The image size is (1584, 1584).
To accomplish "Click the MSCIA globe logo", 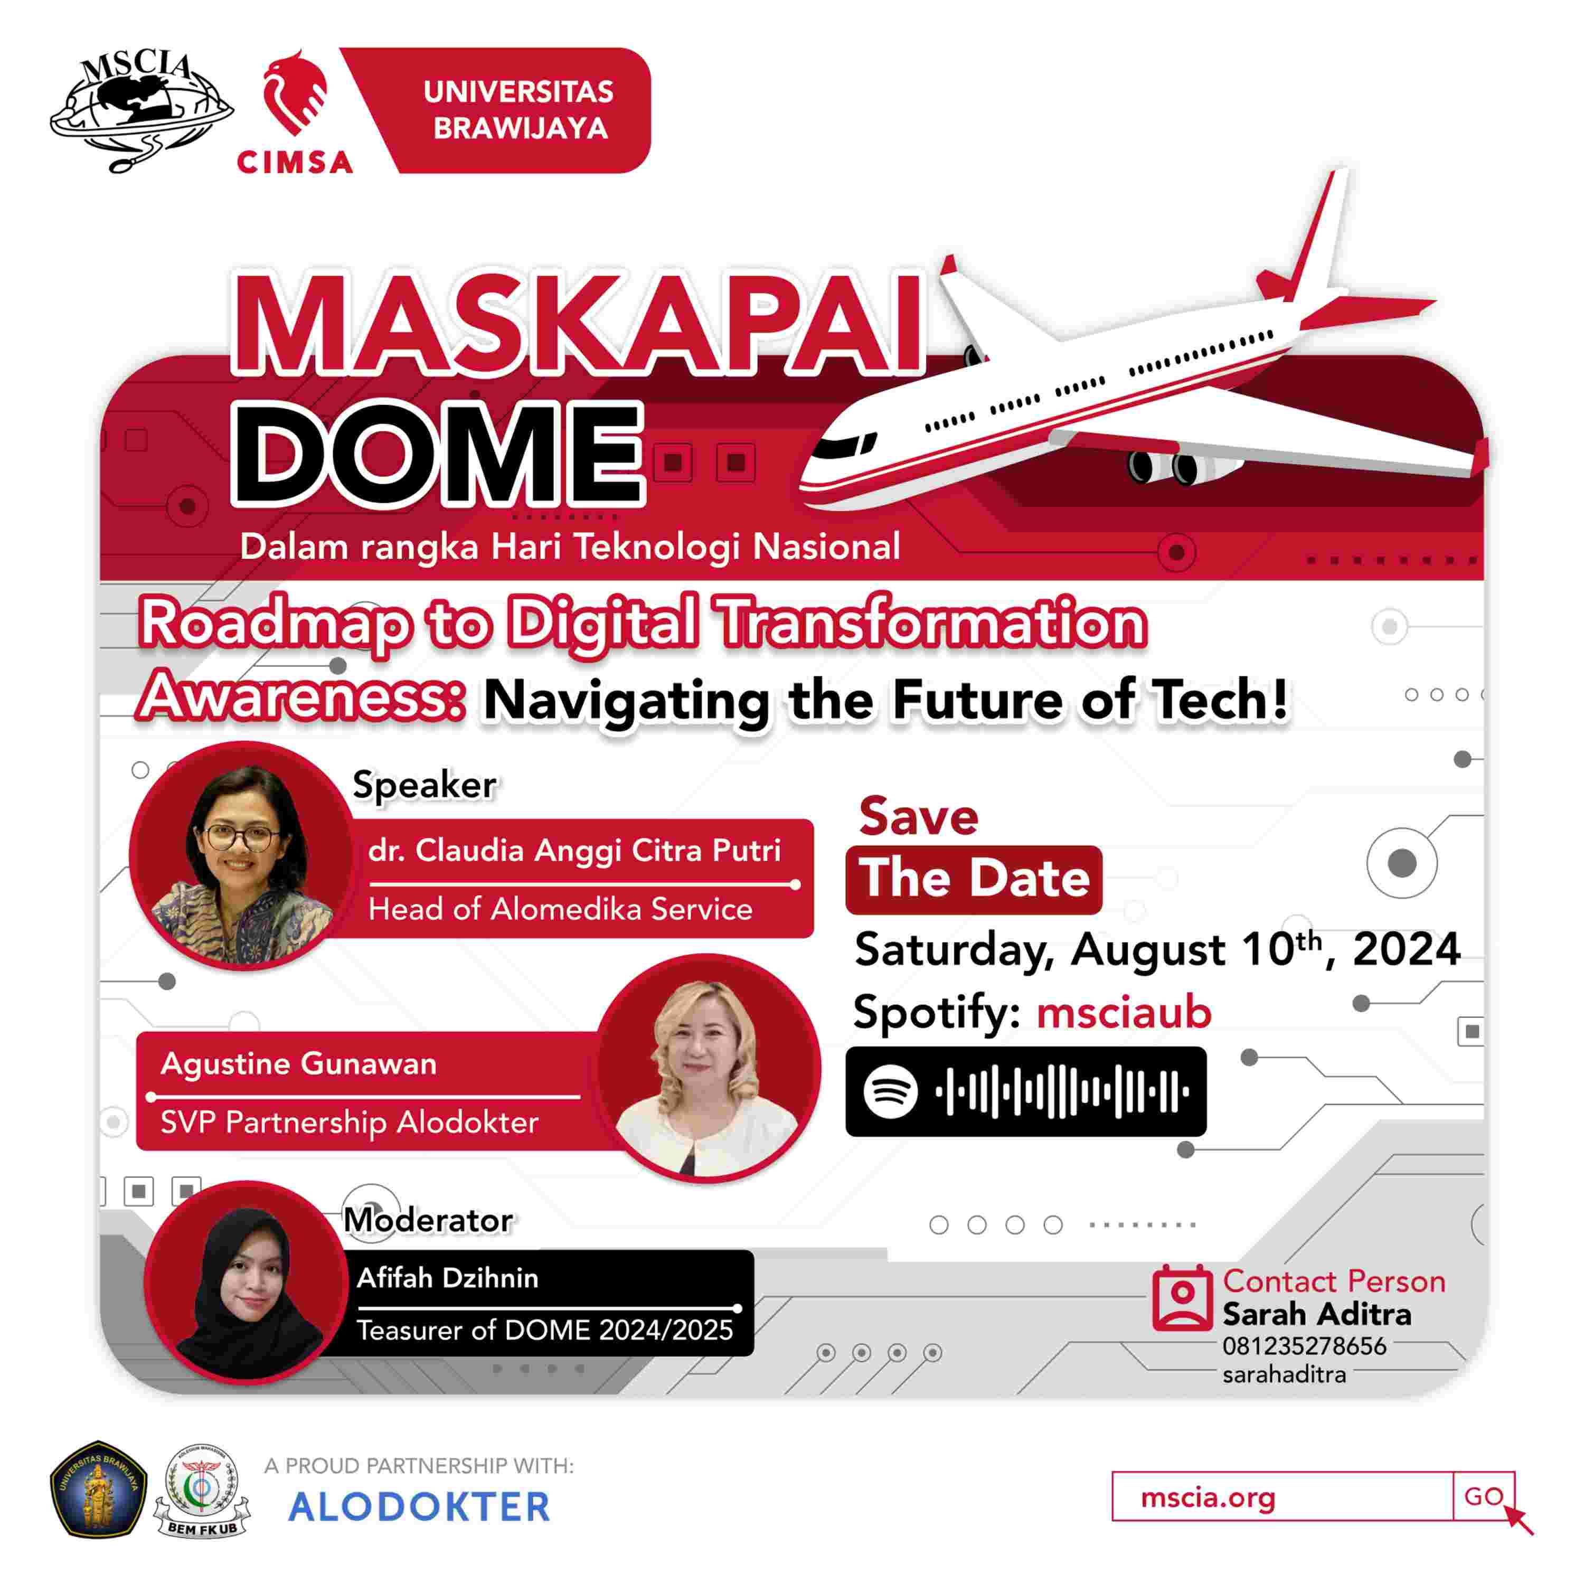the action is click(x=141, y=111).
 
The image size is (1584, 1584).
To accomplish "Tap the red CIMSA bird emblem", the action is click(x=295, y=92).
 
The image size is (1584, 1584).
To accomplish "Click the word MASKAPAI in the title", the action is click(x=579, y=326).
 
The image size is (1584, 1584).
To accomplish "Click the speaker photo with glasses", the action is click(x=243, y=855).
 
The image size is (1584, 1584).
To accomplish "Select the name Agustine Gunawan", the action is click(x=298, y=1063).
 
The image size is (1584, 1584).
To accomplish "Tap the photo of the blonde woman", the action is click(x=708, y=1068).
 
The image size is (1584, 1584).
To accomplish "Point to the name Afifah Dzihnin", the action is click(x=448, y=1277).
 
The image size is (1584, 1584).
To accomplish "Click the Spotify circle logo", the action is click(x=890, y=1091).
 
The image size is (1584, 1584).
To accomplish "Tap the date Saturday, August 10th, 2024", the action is click(x=1157, y=949).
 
